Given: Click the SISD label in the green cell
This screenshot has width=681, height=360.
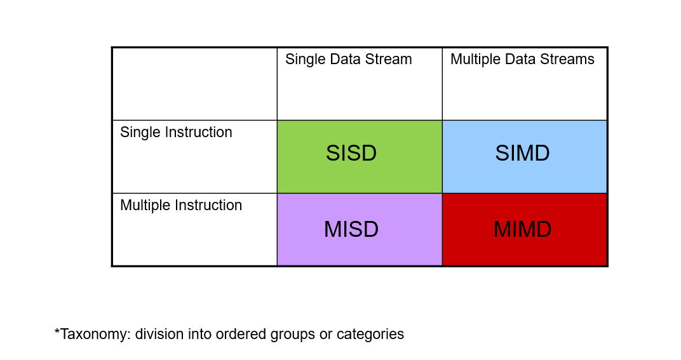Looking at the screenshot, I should [351, 154].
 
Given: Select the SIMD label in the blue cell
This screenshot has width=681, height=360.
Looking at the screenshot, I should [522, 154].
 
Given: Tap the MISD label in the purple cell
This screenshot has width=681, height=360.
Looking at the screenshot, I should [351, 229].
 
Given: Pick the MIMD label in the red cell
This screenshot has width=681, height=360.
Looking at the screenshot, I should [522, 229].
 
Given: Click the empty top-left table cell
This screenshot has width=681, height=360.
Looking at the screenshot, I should [194, 84].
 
